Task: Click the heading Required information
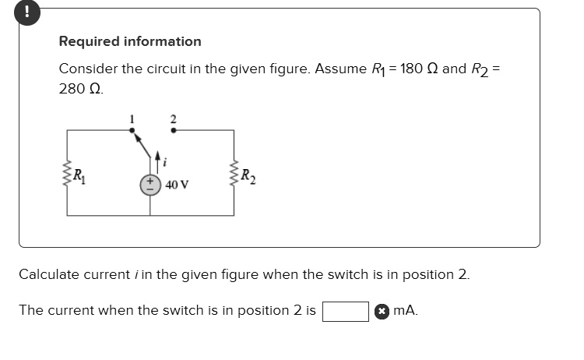[130, 41]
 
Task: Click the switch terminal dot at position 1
[132, 131]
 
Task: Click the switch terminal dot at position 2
[173, 131]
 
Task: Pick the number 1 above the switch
[132, 118]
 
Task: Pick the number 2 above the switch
[173, 118]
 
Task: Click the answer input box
[346, 311]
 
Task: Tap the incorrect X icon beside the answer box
[382, 311]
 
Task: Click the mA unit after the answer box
[405, 310]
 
